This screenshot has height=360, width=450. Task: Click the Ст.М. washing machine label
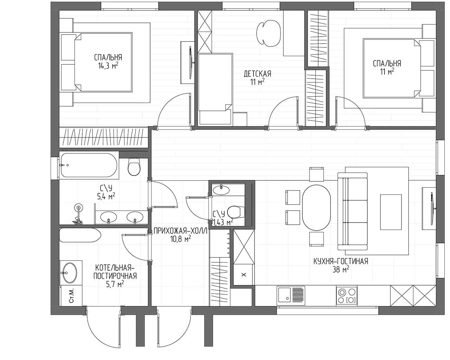(71, 296)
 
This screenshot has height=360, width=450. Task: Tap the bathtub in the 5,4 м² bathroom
(89, 165)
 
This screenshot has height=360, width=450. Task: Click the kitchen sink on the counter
(291, 296)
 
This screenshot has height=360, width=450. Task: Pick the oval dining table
(317, 207)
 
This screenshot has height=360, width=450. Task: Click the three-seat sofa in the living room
(353, 211)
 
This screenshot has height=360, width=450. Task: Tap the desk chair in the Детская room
(269, 33)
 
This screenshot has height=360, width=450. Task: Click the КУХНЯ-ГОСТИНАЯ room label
(341, 261)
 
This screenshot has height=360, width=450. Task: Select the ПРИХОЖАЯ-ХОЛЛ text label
(180, 231)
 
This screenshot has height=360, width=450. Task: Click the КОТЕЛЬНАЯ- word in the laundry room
(115, 268)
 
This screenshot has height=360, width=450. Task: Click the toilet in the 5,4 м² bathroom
(134, 167)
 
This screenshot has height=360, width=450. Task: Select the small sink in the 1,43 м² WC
(221, 190)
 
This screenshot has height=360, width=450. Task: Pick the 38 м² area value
(341, 269)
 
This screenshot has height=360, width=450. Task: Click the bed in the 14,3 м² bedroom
(103, 62)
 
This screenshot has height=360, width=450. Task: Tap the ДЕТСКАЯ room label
(257, 74)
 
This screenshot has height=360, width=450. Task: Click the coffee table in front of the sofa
(391, 212)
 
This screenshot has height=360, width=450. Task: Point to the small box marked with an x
(244, 275)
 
